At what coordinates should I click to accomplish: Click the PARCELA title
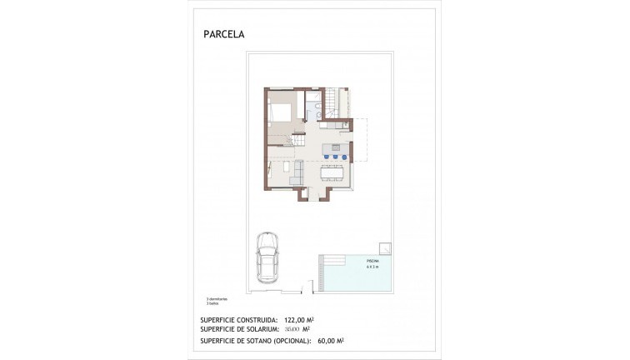tap(224, 35)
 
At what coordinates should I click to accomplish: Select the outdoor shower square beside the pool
tap(387, 247)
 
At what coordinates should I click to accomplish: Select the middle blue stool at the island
tap(335, 156)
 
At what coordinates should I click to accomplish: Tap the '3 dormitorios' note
tap(218, 298)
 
